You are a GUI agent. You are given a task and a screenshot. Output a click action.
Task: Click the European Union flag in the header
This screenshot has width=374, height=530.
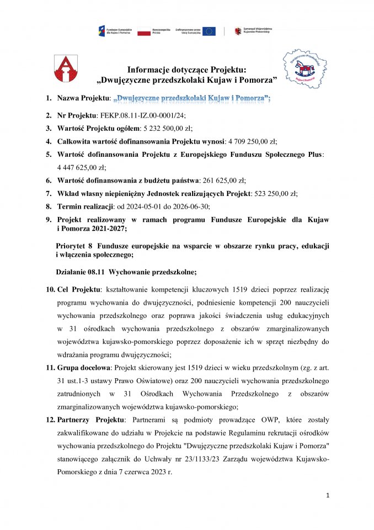pos(209,31)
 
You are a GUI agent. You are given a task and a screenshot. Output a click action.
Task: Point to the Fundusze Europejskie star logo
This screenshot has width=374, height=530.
pos(102,31)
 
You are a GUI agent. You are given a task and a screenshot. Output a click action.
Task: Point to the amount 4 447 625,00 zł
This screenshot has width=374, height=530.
pos(82,167)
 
